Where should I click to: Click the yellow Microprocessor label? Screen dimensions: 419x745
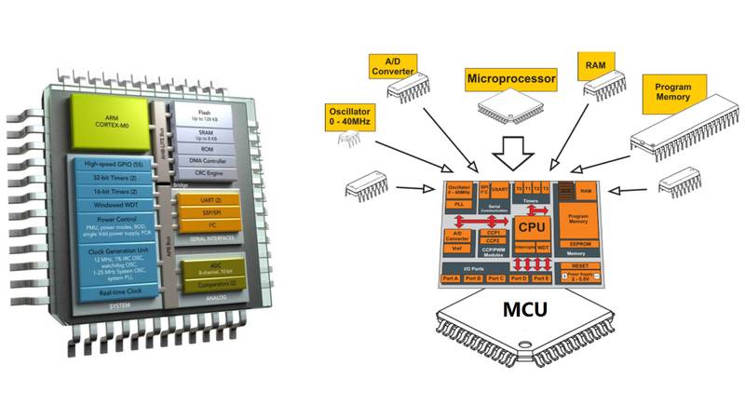[510, 80]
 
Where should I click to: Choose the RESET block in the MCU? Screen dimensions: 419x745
[578, 264]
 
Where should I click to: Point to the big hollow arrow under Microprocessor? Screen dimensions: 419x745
[510, 149]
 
